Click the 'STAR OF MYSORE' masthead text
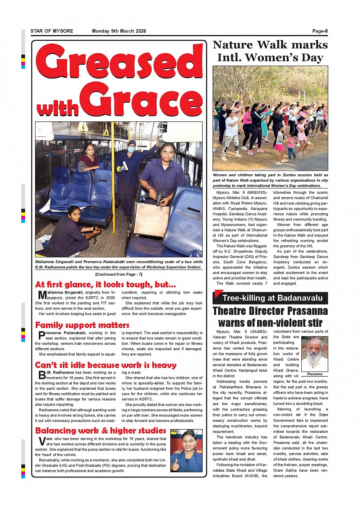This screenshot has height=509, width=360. tap(52, 31)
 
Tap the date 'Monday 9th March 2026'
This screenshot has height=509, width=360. tap(119, 31)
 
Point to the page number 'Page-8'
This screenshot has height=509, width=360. tap(320, 31)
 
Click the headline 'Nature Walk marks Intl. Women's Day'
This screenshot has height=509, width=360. tap(270, 51)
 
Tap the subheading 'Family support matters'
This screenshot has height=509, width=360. tap(82, 325)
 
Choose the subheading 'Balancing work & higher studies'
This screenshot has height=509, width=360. tap(101, 431)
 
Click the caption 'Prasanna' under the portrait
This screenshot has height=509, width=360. tap(314, 374)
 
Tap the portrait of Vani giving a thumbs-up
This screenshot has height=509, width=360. tap(186, 451)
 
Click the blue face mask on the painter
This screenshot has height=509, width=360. tap(131, 150)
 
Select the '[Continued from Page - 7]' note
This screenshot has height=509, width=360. tap(118, 274)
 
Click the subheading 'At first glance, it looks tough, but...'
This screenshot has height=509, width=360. tap(106, 285)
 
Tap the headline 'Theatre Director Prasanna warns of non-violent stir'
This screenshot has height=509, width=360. tap(270, 317)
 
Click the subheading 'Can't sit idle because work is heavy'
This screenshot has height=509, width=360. tap(106, 365)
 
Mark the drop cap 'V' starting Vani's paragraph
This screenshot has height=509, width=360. tap(42, 442)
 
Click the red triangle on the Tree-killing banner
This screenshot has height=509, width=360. tap(218, 294)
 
